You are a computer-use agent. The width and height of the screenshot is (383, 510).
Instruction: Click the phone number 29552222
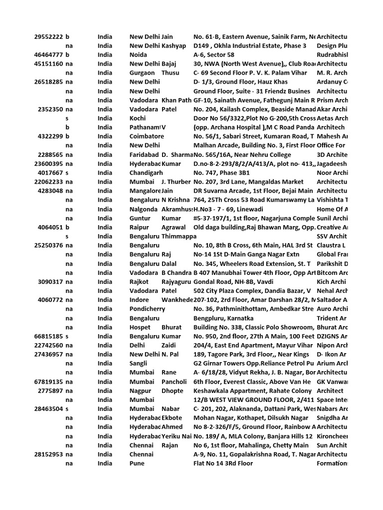tap(49, 37)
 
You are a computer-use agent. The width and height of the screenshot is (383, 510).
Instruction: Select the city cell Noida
tap(139, 55)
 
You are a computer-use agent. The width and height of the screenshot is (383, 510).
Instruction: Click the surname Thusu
tap(171, 73)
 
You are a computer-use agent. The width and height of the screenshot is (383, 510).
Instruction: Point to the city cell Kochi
tap(138, 118)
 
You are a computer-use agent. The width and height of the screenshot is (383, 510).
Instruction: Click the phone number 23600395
tap(49, 163)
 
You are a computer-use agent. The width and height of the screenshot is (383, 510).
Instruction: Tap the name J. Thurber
tap(176, 181)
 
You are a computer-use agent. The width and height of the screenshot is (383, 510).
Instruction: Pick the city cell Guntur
tap(139, 218)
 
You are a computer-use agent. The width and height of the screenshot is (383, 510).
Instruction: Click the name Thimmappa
tap(178, 236)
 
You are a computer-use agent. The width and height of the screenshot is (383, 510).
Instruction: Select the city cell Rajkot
tap(139, 281)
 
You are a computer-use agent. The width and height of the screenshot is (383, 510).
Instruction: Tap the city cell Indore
tap(139, 300)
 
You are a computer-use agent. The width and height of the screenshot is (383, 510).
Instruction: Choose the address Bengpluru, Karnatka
tap(223, 318)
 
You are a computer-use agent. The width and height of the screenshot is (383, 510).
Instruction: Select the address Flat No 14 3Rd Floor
tap(223, 463)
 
